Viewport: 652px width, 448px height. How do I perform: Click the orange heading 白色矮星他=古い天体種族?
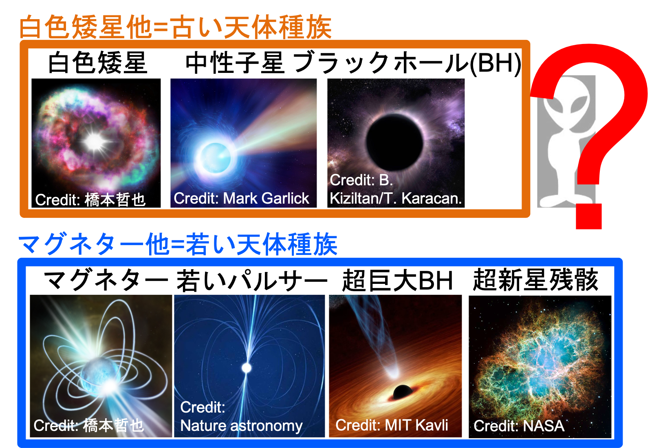pos(176,27)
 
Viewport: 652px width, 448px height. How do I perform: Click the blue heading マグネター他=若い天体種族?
pos(178,244)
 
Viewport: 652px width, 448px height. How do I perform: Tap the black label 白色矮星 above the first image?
pos(97,62)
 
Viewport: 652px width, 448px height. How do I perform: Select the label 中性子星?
pos(235,62)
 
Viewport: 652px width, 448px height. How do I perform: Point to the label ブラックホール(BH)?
pos(407,63)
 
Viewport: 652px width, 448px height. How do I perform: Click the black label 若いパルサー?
pos(252,280)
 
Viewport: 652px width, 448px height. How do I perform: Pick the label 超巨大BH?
pos(397,280)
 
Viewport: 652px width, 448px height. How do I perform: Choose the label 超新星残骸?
pos(535,280)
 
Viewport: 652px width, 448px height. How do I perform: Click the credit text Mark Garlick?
pos(266,198)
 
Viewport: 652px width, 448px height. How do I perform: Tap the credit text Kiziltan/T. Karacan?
pos(396,198)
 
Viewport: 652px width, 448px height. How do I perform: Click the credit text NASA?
pos(544,426)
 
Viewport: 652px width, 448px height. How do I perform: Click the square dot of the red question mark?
pos(588,216)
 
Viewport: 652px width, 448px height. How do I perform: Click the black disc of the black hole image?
pos(394,143)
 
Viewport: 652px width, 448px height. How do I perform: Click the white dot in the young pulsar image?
pos(247,368)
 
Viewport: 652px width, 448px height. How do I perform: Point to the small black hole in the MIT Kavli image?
pos(403,392)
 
